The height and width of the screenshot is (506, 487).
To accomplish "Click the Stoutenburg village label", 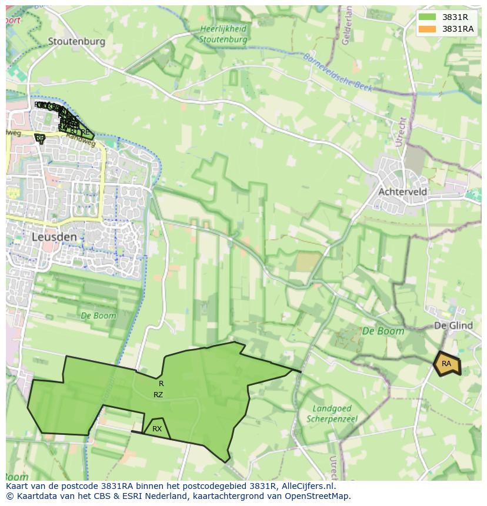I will [76, 41].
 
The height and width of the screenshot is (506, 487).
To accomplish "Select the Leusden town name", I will [54, 237].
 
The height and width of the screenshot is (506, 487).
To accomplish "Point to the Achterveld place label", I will [403, 192].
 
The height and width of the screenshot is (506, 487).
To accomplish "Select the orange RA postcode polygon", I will [447, 364].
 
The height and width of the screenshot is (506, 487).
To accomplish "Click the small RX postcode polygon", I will [156, 429].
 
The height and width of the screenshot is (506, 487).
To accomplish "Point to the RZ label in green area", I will [158, 395].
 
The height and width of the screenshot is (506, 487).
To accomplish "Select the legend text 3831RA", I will [458, 29].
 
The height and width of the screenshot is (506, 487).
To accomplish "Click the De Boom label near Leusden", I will [98, 316].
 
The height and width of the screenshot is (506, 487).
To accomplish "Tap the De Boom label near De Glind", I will [383, 331].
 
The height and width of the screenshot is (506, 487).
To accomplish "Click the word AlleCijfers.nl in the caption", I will [308, 486].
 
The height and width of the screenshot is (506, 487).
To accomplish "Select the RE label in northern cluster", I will [86, 132].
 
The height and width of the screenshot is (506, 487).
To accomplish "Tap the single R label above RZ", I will [161, 384].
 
